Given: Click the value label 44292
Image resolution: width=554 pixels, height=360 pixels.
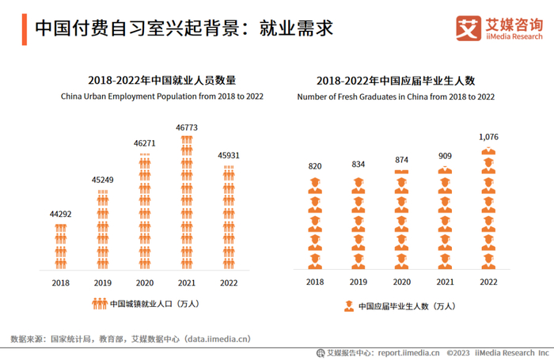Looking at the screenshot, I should (x=61, y=214).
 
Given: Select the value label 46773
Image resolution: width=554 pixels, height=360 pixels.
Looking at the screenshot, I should (x=187, y=127).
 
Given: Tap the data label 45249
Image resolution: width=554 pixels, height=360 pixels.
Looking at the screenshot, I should (x=102, y=180).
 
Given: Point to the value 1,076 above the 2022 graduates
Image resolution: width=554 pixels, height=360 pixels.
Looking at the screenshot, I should (x=488, y=138).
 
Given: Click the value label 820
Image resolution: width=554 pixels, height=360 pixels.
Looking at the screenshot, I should (x=315, y=166).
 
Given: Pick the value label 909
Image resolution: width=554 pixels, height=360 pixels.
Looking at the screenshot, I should (x=446, y=156).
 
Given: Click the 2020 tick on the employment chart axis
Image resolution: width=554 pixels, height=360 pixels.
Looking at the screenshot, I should (x=144, y=282).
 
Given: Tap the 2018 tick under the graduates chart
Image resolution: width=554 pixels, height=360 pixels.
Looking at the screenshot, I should (x=315, y=282).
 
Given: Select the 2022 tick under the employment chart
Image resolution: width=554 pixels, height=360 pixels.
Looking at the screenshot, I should (x=229, y=282).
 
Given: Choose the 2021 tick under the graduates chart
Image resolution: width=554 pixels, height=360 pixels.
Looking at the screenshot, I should (x=446, y=282).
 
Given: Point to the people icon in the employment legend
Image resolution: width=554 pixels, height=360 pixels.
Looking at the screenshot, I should (x=99, y=303).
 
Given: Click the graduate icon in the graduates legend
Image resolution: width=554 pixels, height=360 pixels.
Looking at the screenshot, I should (x=348, y=306).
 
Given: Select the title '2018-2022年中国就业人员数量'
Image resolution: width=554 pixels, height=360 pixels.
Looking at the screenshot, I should (x=161, y=81).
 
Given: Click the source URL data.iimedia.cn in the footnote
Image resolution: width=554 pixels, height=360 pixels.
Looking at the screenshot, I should (x=217, y=339).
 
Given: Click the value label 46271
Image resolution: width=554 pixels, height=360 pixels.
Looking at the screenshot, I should (x=144, y=143).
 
